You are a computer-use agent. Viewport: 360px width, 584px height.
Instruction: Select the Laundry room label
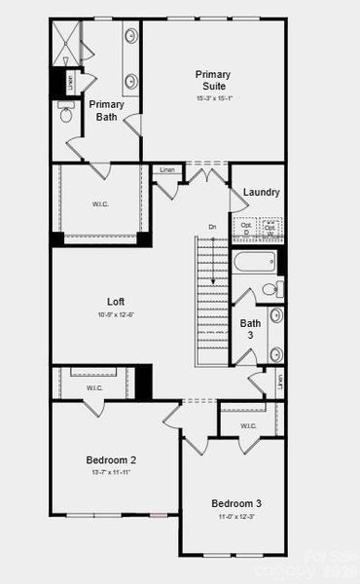(262, 192)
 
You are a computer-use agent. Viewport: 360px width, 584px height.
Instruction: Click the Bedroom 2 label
(112, 460)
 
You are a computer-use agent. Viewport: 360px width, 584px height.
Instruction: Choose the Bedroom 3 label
(236, 503)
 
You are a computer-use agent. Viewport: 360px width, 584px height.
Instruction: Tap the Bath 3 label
(251, 329)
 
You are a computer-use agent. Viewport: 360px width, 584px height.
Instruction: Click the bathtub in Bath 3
(253, 263)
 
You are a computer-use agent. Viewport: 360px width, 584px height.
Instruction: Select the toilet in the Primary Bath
(66, 115)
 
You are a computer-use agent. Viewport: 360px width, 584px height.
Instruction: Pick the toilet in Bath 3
(272, 289)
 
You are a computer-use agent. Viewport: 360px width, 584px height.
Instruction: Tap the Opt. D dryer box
(246, 229)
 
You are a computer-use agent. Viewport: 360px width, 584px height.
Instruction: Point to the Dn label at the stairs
(212, 227)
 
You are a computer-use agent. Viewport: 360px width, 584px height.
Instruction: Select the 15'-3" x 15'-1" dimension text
(212, 95)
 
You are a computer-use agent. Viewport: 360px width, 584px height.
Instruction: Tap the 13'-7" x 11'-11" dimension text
(112, 472)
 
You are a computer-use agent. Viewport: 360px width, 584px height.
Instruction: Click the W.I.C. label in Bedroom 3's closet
(248, 425)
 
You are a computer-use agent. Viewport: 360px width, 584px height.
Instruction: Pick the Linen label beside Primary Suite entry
(167, 170)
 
